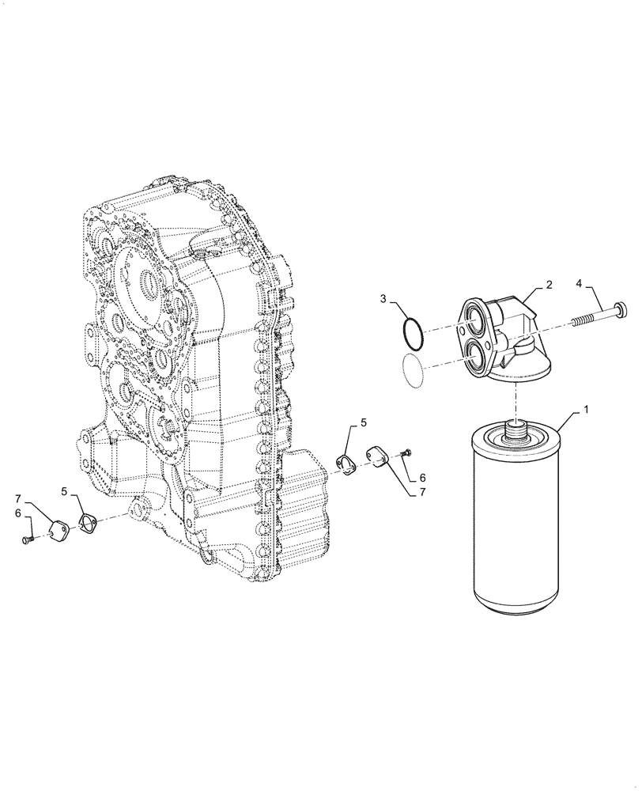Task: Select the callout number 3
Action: (x=382, y=299)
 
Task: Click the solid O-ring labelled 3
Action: (x=411, y=332)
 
